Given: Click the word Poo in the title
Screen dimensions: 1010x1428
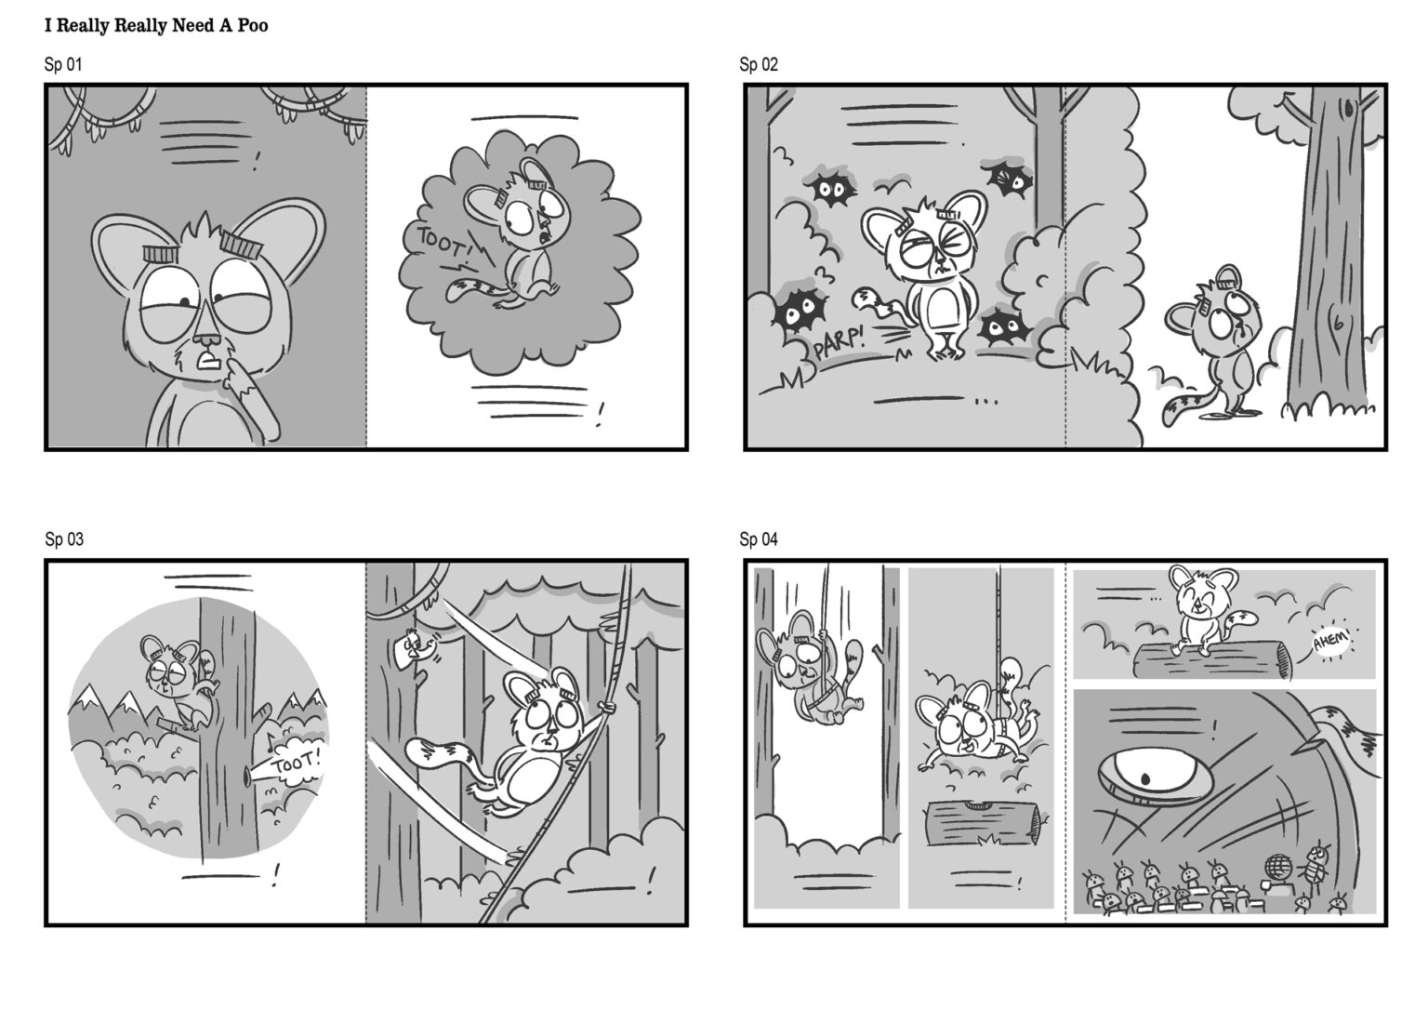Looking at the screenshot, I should tap(252, 26).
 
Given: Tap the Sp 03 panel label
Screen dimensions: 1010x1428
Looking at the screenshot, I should tap(64, 539).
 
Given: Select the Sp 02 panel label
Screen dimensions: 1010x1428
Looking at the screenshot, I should tap(759, 64).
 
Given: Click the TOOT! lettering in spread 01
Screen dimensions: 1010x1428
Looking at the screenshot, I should tap(443, 245).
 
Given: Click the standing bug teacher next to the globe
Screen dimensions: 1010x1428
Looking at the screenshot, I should tap(1315, 861).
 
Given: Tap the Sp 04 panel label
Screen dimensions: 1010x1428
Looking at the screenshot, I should tap(759, 539).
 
